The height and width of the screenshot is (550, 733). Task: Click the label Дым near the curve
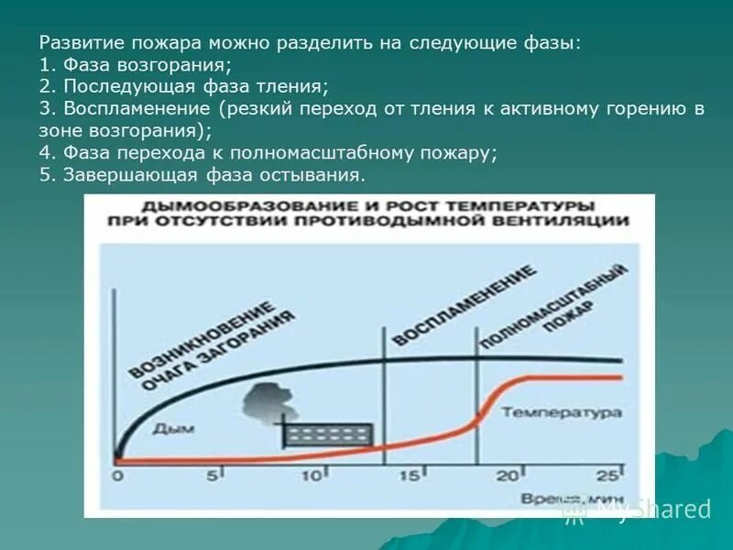(x=171, y=427)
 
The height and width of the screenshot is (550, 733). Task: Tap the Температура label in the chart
(x=561, y=412)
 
